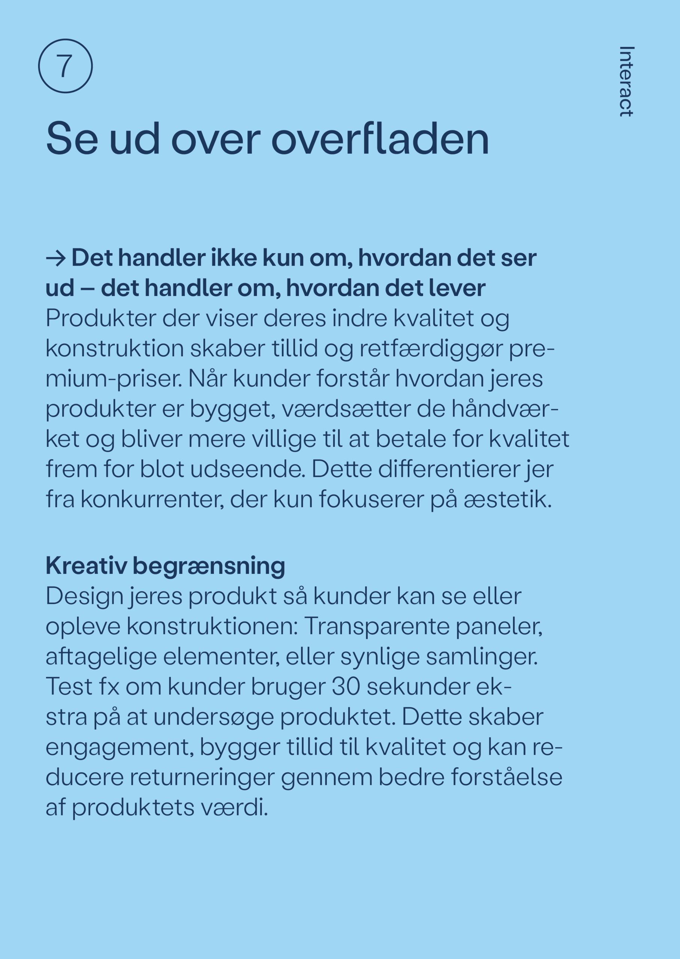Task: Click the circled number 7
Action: pos(65,66)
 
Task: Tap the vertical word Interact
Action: pos(626,81)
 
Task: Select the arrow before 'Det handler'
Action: pos(56,258)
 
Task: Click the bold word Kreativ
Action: pos(86,566)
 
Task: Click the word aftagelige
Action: pos(101,657)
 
